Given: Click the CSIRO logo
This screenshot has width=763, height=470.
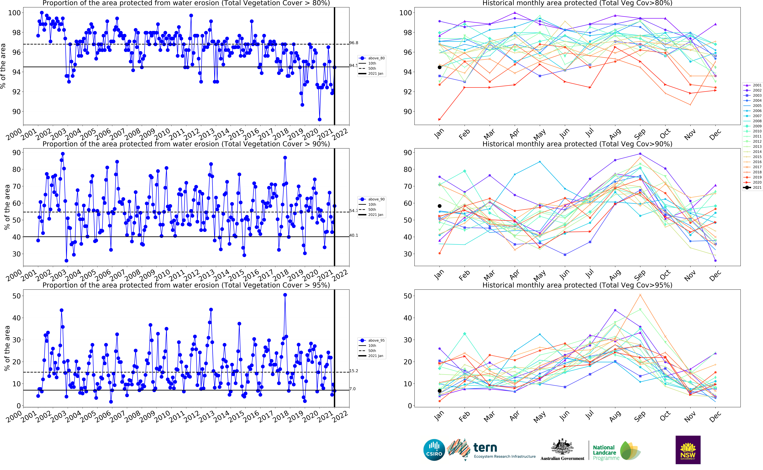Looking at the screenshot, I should (x=434, y=450).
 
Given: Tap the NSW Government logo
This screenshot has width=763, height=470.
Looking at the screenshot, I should (x=688, y=450).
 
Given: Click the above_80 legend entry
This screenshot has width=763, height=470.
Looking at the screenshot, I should (x=376, y=58).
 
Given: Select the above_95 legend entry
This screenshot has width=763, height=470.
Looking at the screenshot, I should (x=376, y=340).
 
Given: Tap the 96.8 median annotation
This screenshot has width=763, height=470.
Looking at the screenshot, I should (x=354, y=43).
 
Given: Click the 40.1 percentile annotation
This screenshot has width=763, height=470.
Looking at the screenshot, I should (x=354, y=235).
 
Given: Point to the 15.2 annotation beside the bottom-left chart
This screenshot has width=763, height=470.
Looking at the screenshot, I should (x=354, y=371).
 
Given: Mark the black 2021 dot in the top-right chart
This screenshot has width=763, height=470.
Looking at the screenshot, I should (x=439, y=67).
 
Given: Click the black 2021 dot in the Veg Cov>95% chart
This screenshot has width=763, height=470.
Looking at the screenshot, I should (x=439, y=391).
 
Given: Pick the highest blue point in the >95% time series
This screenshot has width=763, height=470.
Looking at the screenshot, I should (x=285, y=295).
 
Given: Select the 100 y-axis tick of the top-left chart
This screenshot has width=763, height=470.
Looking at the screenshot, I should (x=14, y=13).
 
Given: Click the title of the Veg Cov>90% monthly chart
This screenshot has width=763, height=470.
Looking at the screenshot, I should (x=577, y=144).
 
